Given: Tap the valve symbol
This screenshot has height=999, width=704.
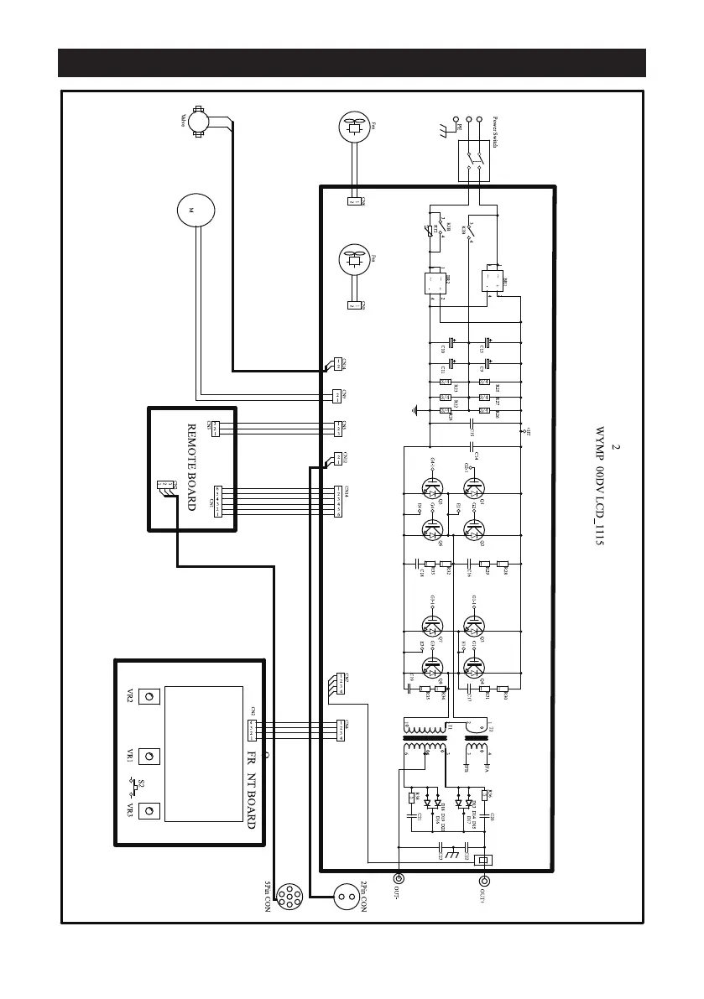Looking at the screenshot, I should (199, 122).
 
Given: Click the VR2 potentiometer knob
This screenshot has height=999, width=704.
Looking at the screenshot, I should (149, 699).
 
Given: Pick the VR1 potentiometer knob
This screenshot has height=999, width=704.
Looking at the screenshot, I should (149, 756).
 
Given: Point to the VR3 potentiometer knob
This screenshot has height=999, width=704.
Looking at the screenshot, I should (149, 811).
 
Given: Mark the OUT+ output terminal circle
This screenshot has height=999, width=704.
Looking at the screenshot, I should (484, 880).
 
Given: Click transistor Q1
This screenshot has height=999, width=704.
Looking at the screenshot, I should (474, 489).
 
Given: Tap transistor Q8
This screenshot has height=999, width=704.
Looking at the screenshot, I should (432, 668).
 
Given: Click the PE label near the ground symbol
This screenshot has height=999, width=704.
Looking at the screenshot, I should (458, 127).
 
